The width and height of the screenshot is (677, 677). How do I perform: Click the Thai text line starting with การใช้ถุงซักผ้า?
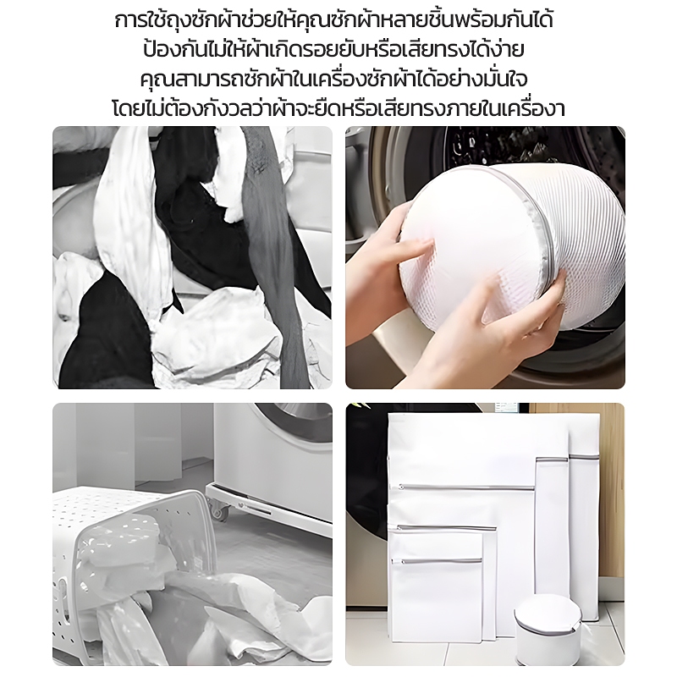[333, 20]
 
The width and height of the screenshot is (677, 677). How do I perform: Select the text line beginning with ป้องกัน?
[333, 49]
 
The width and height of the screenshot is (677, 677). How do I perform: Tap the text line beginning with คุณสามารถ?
[333, 79]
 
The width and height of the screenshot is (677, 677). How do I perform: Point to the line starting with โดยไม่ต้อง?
[338, 108]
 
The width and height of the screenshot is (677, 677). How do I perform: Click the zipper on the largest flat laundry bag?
[466, 488]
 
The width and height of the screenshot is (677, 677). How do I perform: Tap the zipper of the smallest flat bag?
[437, 561]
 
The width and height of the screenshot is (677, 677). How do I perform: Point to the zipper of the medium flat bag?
[447, 528]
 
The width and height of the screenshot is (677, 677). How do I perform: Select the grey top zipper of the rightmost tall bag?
[584, 456]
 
